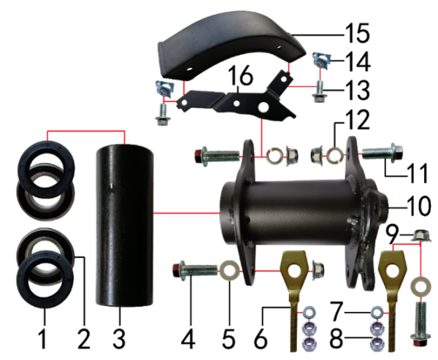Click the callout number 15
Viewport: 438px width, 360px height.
coord(357,33)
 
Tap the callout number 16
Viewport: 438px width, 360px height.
coord(240,75)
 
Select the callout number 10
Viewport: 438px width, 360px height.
coord(419,206)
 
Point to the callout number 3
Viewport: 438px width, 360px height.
coord(119,338)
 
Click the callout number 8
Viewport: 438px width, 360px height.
coord(336,339)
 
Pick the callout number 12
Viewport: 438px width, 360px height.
coord(358,120)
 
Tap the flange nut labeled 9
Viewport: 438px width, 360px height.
coord(421,236)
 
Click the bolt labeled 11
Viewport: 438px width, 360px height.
coord(382,152)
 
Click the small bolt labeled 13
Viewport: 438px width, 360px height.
coord(319,91)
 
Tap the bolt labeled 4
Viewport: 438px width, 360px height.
coord(195,271)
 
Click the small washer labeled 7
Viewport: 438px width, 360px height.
coord(377,312)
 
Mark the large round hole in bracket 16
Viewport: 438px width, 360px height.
coord(264,107)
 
